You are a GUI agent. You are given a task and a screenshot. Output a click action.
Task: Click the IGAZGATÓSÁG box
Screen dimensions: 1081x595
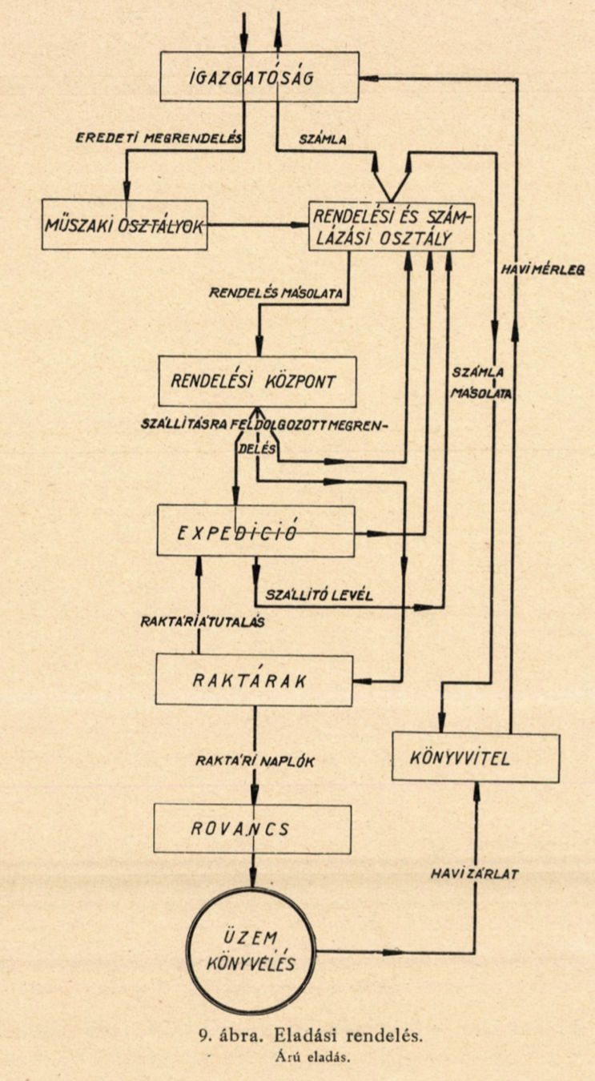(x=259, y=76)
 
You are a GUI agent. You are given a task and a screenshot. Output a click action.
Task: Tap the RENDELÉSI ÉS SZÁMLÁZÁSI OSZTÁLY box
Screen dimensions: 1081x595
(x=392, y=226)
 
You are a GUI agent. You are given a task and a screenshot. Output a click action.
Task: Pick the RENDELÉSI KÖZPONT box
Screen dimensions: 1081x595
(x=255, y=380)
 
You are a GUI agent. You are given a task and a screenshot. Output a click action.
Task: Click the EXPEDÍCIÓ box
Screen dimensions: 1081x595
(x=255, y=531)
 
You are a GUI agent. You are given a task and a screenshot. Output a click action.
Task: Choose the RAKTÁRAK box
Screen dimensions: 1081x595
(x=255, y=681)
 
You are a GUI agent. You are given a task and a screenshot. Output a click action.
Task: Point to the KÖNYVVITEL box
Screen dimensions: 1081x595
(x=476, y=757)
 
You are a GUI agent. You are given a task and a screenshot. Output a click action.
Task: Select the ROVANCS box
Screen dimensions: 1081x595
(x=252, y=828)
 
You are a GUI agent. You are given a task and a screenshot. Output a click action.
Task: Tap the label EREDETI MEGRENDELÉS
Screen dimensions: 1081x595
(x=159, y=137)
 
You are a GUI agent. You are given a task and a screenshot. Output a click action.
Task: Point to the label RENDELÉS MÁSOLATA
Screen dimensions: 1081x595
(x=275, y=295)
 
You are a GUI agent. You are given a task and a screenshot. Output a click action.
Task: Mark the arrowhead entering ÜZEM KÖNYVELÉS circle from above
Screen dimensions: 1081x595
(x=255, y=878)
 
